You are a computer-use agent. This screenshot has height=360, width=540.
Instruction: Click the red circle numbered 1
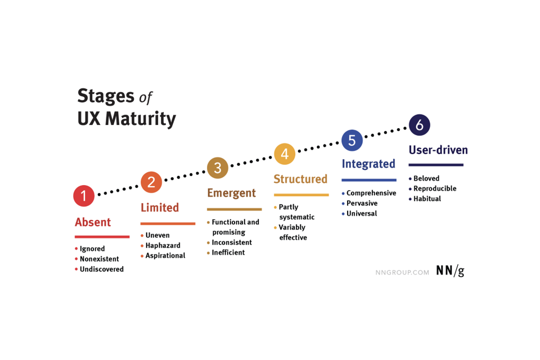84,196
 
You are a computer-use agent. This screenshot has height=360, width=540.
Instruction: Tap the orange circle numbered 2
151,182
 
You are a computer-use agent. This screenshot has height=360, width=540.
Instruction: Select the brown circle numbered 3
218,168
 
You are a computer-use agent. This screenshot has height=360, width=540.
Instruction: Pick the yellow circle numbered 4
285,154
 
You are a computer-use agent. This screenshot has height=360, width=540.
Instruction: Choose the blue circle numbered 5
352,140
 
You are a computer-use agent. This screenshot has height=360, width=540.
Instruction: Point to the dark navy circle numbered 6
420,124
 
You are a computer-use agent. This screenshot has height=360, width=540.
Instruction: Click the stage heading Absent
93,222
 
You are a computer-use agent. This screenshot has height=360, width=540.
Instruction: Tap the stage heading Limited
160,208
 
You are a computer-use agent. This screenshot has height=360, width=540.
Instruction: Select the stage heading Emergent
231,193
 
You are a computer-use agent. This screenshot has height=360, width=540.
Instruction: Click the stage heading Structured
300,179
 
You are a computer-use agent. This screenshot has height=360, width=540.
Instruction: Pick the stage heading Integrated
368,164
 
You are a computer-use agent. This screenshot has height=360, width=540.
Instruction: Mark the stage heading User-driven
438,150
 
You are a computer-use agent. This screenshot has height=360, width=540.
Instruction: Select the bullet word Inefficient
228,253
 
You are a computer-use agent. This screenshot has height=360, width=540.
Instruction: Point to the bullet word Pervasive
362,203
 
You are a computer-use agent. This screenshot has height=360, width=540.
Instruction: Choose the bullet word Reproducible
435,188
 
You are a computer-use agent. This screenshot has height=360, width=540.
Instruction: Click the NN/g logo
450,271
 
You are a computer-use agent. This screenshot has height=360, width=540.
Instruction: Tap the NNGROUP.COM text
402,272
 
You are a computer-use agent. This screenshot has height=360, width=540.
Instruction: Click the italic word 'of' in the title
146,97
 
